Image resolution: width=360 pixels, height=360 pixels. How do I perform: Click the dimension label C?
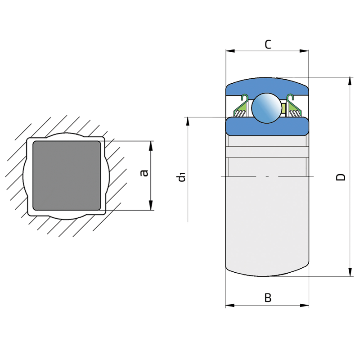coord(268,44)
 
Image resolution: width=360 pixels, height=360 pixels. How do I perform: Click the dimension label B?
coord(268,297)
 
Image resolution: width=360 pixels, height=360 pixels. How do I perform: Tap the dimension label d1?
coord(181,178)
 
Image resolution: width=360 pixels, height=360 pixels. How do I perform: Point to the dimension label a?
coord(144,173)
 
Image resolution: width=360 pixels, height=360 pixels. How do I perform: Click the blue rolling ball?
coord(266,108)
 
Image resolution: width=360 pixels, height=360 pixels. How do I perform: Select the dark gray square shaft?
coord(67,175)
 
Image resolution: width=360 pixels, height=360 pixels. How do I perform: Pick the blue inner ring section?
coord(267,127)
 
